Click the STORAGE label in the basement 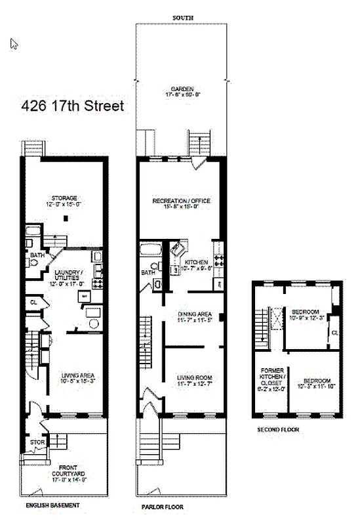pos(65,198)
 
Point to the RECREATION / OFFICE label pos(181,200)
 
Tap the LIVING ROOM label pos(194,377)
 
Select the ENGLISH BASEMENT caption pos(53,505)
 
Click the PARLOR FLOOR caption pos(163,507)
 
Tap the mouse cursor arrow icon pos(14,43)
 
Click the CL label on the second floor pos(334,333)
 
